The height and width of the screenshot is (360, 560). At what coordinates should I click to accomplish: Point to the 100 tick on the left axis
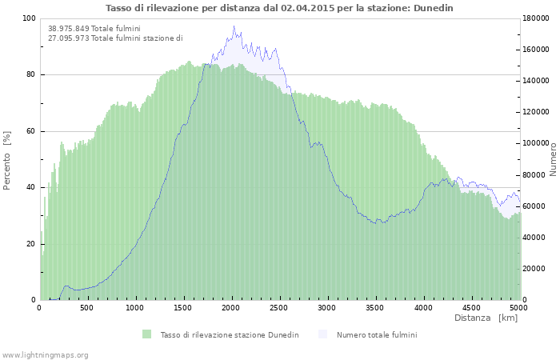click(29, 18)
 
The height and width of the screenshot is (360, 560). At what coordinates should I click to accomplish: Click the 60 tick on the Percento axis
click(30, 131)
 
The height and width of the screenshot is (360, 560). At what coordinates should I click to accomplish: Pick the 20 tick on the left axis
click(30, 244)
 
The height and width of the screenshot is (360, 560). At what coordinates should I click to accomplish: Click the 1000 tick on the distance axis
click(135, 307)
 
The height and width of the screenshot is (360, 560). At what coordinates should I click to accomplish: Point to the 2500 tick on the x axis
click(279, 307)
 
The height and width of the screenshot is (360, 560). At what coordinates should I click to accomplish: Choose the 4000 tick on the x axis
click(423, 307)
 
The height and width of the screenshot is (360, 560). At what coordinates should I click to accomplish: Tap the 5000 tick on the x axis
click(518, 307)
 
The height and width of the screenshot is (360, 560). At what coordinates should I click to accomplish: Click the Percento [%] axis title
click(7, 159)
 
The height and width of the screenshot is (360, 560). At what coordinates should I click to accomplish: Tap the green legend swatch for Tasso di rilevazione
click(146, 334)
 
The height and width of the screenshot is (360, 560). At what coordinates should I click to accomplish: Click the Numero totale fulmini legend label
click(376, 334)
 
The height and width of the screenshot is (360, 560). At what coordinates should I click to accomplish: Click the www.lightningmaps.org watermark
click(45, 354)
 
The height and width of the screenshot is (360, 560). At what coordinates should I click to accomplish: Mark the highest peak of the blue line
click(234, 26)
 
